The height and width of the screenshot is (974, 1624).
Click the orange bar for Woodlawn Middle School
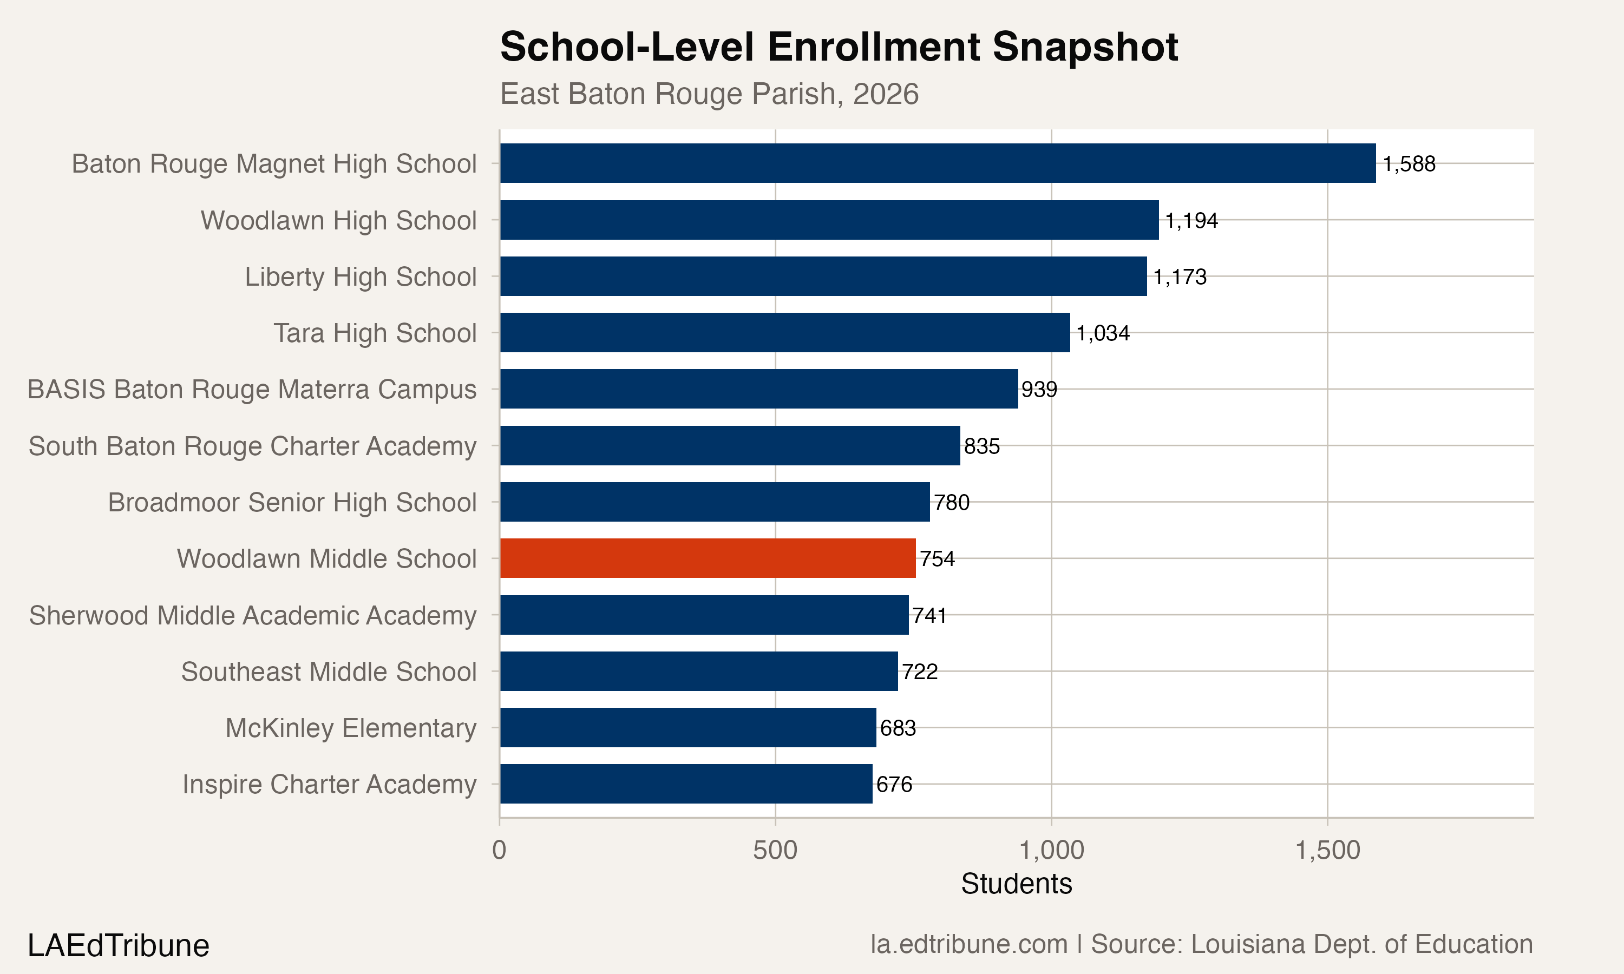click(x=708, y=558)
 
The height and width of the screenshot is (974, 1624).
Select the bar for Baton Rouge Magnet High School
click(x=938, y=163)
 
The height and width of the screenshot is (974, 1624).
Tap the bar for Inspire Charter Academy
click(x=686, y=784)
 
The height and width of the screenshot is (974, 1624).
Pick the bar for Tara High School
click(x=785, y=333)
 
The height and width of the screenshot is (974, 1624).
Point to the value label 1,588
click(x=1409, y=164)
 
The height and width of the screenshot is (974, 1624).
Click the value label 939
click(x=1039, y=390)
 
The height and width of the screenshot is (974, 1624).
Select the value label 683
click(x=898, y=728)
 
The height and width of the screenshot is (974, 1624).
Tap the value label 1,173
click(x=1180, y=277)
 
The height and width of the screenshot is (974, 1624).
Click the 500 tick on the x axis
click(x=775, y=851)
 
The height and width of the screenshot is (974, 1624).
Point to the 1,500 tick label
click(x=1328, y=851)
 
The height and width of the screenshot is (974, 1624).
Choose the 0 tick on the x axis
click(x=500, y=851)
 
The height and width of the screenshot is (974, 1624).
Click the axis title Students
click(x=1017, y=884)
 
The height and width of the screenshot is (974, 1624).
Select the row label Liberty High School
click(x=361, y=277)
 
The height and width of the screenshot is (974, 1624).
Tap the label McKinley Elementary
click(x=351, y=728)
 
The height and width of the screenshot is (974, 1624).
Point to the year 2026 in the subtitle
click(x=886, y=94)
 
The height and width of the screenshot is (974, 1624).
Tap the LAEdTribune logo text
click(x=119, y=946)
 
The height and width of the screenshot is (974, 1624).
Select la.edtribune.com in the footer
click(x=969, y=944)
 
